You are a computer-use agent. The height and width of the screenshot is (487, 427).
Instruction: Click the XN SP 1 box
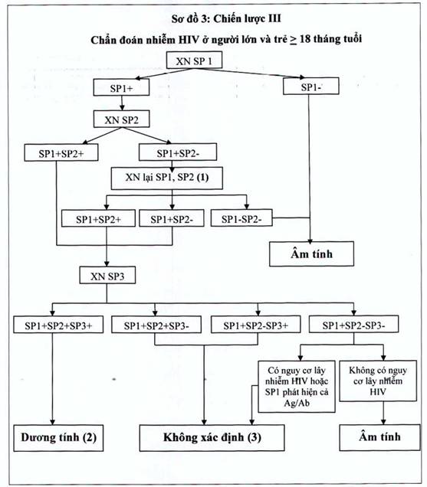194,60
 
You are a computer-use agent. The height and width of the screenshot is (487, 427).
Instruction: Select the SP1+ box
121,87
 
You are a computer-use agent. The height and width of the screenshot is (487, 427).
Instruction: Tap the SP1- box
311,87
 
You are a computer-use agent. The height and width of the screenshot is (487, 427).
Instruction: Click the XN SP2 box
122,119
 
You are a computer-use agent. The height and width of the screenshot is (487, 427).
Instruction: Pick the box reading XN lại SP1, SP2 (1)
167,178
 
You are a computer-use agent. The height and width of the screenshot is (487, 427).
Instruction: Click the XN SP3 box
107,275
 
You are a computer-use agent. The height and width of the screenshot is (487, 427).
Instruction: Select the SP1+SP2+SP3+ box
58,325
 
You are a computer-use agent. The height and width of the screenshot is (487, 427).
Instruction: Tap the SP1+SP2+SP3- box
156,325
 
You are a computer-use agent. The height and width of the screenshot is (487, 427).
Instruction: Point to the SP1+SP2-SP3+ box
255,325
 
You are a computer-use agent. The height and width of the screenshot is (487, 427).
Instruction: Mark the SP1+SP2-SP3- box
353,325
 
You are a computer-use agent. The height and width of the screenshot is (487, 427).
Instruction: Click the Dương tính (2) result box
58,438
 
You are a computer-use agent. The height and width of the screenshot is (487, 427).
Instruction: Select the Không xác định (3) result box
212,438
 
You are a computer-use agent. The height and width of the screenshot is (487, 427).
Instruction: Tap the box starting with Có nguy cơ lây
297,387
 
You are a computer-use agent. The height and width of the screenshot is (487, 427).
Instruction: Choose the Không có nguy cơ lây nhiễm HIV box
378,381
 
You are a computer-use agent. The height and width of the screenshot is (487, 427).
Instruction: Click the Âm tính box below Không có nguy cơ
379,437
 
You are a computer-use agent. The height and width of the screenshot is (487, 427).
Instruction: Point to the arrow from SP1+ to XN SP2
122,103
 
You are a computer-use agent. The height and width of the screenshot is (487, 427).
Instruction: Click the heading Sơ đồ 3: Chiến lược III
226,18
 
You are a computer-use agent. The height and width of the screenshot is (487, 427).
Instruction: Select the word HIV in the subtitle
189,40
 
